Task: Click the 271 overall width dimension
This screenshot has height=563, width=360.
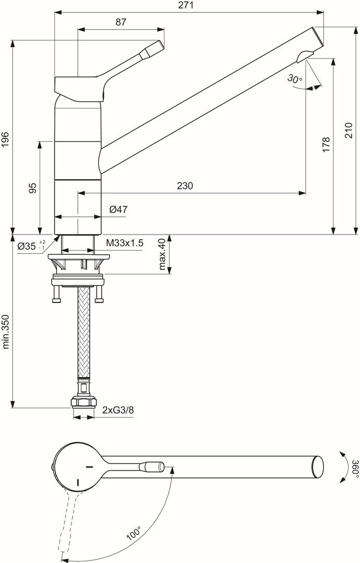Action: [x=186, y=5]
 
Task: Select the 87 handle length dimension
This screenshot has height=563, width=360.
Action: [x=121, y=22]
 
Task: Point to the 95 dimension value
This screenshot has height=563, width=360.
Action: [x=32, y=188]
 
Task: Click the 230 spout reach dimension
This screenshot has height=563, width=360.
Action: [x=185, y=186]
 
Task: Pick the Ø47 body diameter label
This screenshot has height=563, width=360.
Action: [x=118, y=210]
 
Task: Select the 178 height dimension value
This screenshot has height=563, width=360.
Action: [x=326, y=145]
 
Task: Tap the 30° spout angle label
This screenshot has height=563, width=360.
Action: [x=295, y=78]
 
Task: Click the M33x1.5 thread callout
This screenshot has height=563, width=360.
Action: [x=125, y=243]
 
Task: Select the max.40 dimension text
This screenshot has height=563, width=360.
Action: [x=162, y=253]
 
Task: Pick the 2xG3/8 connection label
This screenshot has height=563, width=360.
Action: [x=118, y=410]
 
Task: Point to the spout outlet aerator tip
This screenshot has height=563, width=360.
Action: [x=304, y=56]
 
